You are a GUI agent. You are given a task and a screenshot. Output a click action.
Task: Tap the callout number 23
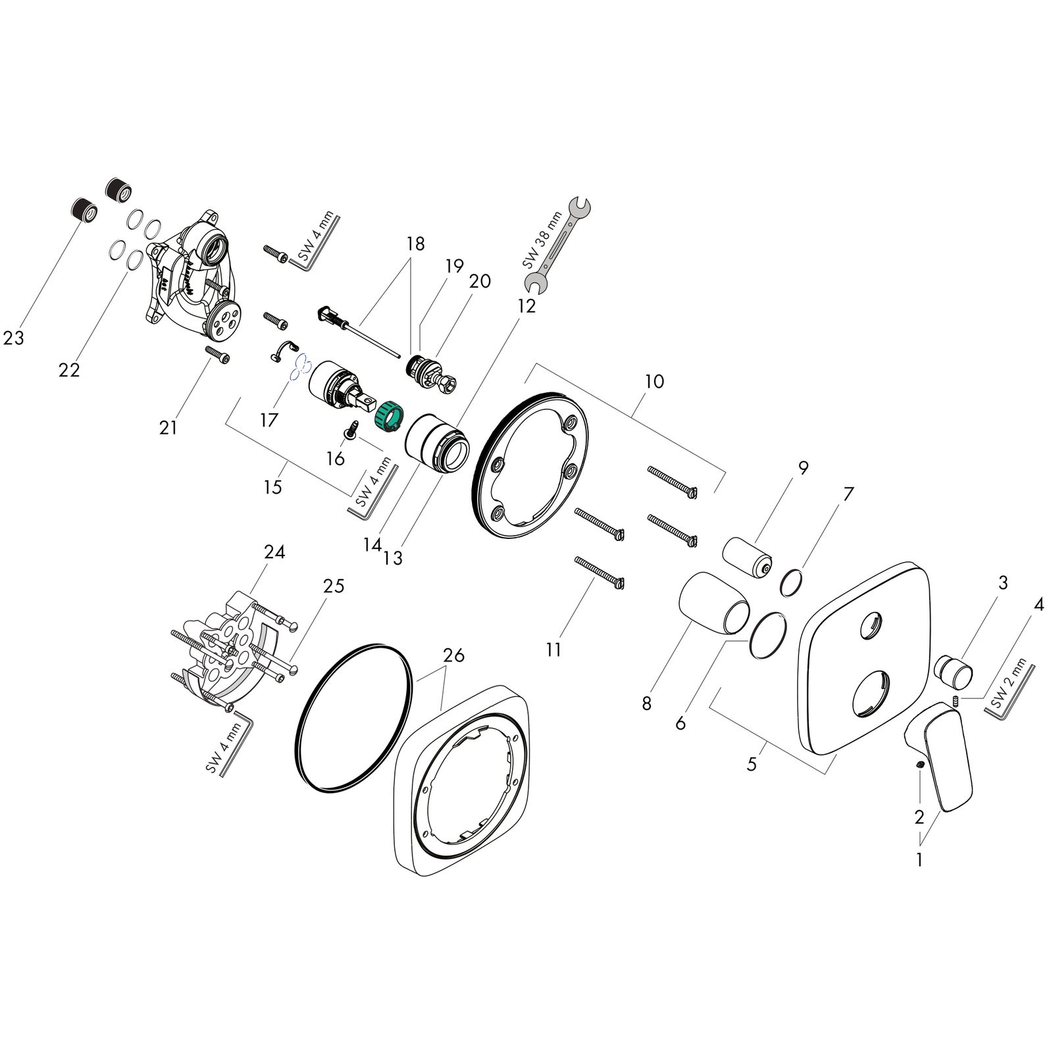(x=13, y=338)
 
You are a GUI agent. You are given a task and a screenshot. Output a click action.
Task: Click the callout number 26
(x=453, y=655)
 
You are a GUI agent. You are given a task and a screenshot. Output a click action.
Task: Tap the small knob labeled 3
(x=955, y=669)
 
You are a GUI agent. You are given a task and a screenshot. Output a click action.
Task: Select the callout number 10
(x=654, y=381)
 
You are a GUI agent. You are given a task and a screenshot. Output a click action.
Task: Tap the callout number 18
(x=415, y=243)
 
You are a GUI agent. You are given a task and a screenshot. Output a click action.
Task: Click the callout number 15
(x=272, y=487)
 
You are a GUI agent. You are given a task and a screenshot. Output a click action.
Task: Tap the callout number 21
(x=168, y=427)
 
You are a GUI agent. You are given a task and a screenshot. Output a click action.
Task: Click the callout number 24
(x=274, y=552)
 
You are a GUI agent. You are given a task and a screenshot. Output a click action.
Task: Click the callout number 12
(x=526, y=306)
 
